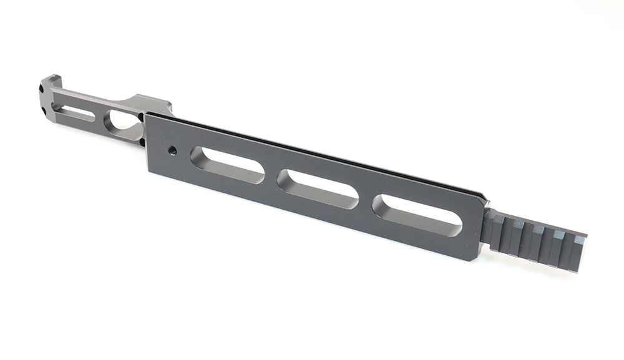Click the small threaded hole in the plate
pos(172,150)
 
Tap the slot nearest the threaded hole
pos(227,164)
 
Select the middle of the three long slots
pos(318,188)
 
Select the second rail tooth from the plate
pos(517,224)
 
